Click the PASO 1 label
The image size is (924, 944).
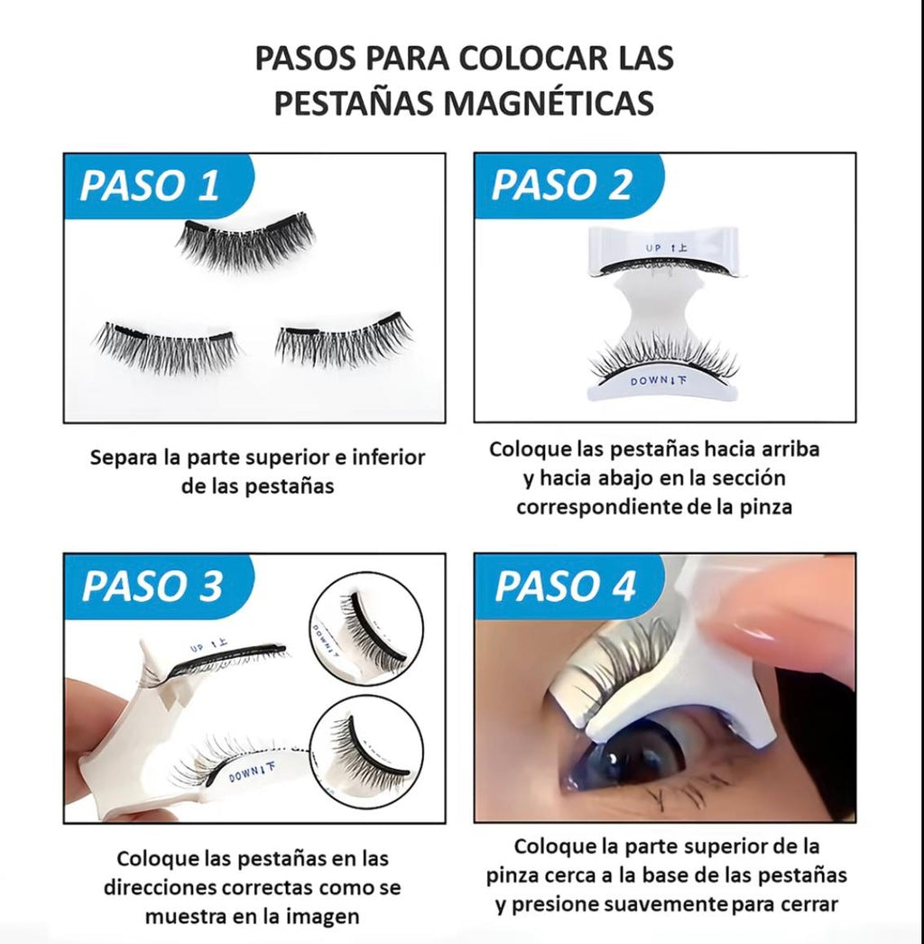pos(150,185)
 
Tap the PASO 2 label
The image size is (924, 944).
pos(561,185)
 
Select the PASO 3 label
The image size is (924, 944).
pos(152,586)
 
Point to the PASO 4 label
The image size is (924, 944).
pos(566,586)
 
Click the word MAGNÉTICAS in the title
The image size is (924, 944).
pos(558,103)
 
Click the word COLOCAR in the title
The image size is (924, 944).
pos(513,59)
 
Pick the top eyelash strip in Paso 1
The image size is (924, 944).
pos(245,239)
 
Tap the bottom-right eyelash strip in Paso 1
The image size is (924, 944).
pos(344,340)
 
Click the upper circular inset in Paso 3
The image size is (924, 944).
pos(366,631)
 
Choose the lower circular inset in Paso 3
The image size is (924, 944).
pos(366,751)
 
